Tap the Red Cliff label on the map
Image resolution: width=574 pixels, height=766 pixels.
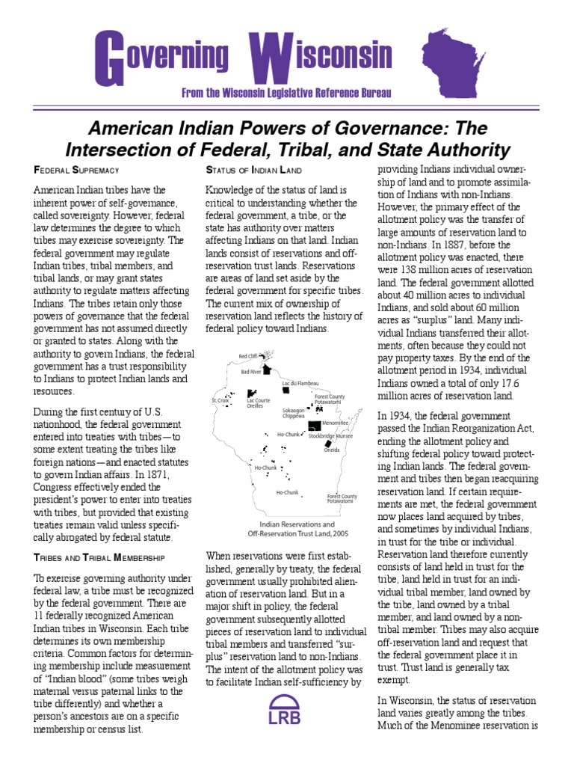click(247, 355)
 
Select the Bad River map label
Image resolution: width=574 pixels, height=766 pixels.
click(250, 371)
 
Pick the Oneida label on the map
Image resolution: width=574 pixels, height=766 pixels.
click(331, 450)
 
